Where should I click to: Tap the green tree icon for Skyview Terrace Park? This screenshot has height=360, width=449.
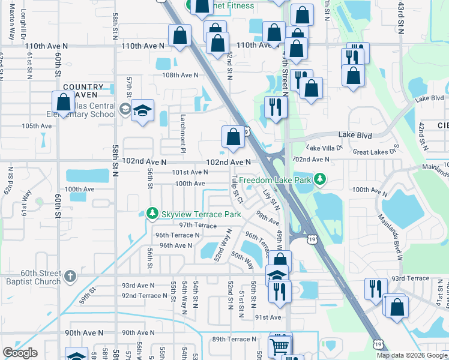tap(152, 214)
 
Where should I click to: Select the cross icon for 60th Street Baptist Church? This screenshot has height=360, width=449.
tap(70, 276)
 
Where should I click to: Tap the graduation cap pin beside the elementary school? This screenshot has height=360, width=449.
tap(143, 111)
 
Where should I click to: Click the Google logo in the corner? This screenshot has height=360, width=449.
tap(19, 353)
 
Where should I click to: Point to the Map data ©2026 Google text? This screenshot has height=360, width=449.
tap(412, 355)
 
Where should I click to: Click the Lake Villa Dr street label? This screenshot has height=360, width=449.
tap(324, 147)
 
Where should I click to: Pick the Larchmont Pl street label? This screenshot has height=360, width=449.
tap(183, 127)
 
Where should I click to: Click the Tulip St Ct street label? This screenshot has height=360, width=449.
tap(237, 188)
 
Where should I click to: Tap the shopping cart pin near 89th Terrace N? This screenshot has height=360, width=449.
tap(279, 345)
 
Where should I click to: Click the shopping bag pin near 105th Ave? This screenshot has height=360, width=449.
tap(63, 103)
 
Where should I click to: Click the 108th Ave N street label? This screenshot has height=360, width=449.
tap(179, 75)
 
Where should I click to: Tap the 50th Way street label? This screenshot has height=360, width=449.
tap(242, 259)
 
